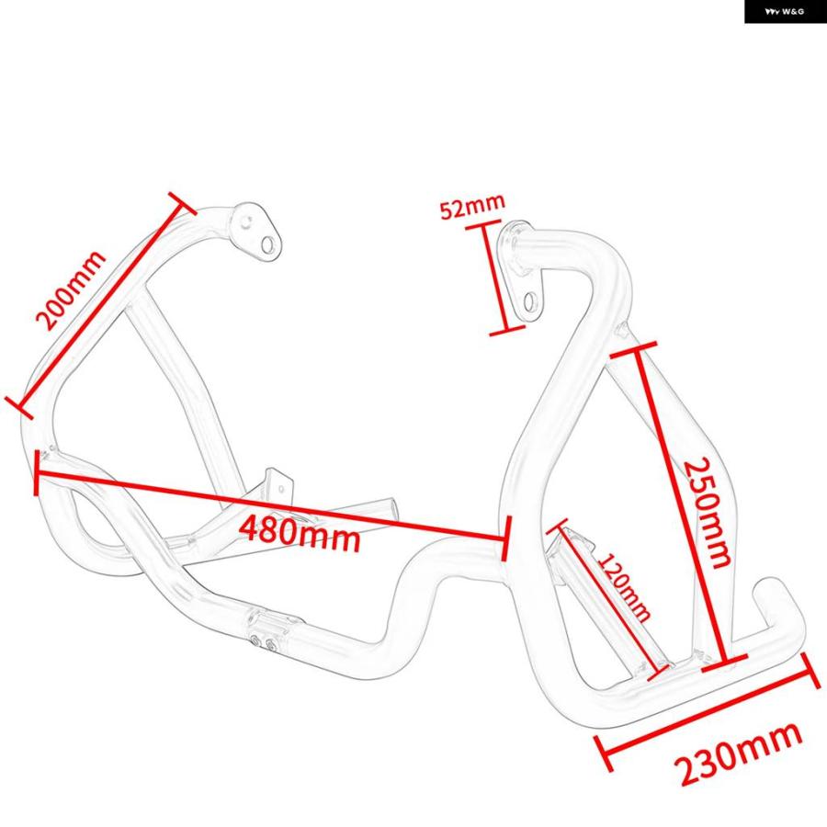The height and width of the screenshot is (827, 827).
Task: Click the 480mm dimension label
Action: pyautogui.click(x=300, y=533)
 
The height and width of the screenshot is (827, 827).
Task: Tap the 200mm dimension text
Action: pyautogui.click(x=70, y=290)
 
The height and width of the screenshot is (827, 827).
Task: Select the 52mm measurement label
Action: pyautogui.click(x=472, y=206)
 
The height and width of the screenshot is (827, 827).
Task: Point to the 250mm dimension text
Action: pyautogui.click(x=707, y=512)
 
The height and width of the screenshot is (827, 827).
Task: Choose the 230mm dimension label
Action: pyautogui.click(x=740, y=754)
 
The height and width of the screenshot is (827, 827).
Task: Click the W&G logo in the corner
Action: pyautogui.click(x=785, y=12)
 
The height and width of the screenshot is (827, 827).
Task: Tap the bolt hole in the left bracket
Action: pyautogui.click(x=268, y=244)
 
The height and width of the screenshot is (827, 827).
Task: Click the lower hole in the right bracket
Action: pyautogui.click(x=529, y=302)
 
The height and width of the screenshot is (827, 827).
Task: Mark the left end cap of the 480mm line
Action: pyautogui.click(x=36, y=473)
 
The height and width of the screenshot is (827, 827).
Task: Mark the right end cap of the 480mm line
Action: pyautogui.click(x=505, y=538)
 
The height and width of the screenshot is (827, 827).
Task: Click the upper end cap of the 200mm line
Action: pyautogui.click(x=182, y=203)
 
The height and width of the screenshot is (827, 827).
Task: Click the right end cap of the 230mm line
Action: pyautogui.click(x=811, y=671)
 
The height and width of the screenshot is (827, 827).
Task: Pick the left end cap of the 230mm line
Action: pyautogui.click(x=604, y=753)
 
